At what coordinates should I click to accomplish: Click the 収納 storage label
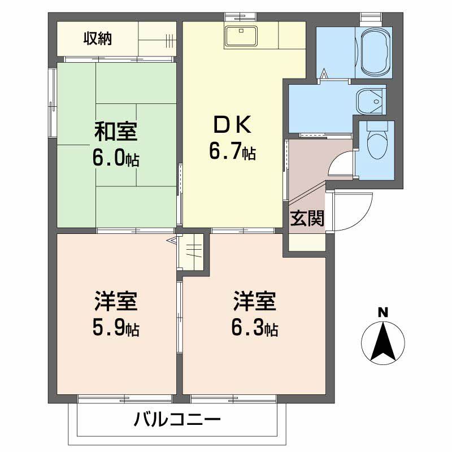pyautogui.click(x=98, y=38)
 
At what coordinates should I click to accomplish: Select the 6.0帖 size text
pyautogui.click(x=116, y=158)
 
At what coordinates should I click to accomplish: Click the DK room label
pyautogui.click(x=232, y=124)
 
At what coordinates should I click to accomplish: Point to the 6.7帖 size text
pyautogui.click(x=232, y=151)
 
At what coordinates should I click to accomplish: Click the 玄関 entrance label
pyautogui.click(x=307, y=219)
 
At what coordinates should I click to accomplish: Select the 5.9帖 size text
pyautogui.click(x=116, y=328)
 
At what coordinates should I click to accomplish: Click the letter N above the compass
pyautogui.click(x=383, y=312)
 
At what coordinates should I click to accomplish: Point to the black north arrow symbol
pyautogui.click(x=383, y=341)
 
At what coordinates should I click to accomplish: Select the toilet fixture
pyautogui.click(x=375, y=145)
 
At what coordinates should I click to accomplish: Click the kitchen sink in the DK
pyautogui.click(x=241, y=37)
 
